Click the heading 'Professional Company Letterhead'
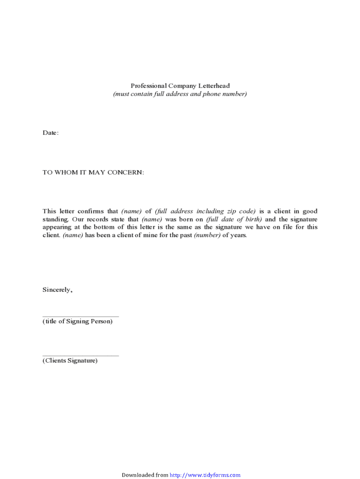(180, 86)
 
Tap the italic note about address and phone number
(180, 94)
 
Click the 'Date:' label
(50, 133)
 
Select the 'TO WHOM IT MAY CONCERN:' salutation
(94, 173)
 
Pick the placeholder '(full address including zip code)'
(205, 211)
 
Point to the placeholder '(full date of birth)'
(234, 219)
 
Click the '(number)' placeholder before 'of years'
(207, 235)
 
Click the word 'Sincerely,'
(57, 290)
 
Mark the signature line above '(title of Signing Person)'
(80, 317)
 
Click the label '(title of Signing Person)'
(78, 322)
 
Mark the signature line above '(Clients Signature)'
(80, 356)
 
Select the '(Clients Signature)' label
(70, 361)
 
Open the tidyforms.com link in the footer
(205, 475)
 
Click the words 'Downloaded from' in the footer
(144, 475)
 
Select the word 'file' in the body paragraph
(285, 227)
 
